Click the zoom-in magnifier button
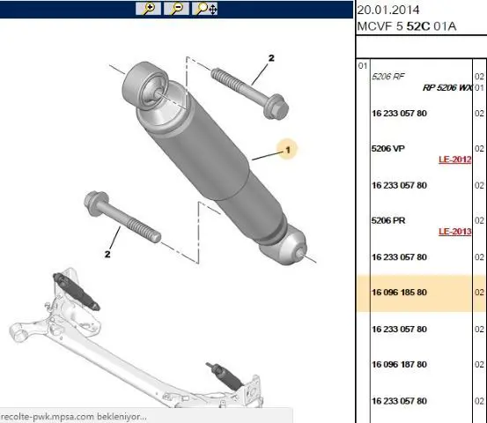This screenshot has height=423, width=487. (148, 9)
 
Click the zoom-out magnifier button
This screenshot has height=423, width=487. (176, 9)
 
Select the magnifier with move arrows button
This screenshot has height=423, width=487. (204, 9)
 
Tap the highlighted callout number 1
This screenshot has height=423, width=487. (288, 150)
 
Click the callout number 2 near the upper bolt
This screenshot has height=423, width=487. (271, 58)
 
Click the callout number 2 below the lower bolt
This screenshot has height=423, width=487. (107, 254)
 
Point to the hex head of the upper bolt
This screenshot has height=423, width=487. (276, 107)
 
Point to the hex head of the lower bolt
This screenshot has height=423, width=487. (96, 203)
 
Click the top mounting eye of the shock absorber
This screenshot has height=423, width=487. (144, 85)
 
